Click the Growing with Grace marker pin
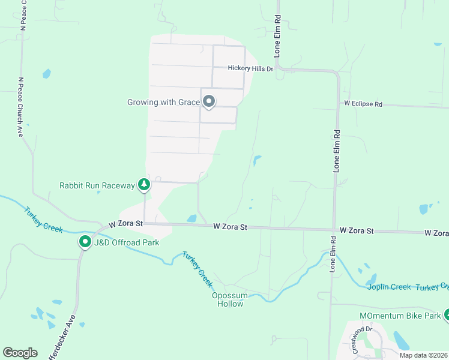click(x=209, y=101)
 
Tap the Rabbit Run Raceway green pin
click(x=143, y=185)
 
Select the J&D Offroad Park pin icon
click(x=85, y=242)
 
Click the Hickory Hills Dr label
click(x=250, y=68)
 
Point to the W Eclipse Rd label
click(x=363, y=104)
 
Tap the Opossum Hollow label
click(x=228, y=299)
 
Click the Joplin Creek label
click(x=388, y=287)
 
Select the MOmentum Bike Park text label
click(x=399, y=316)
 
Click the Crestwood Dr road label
click(x=363, y=339)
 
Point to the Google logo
click(x=20, y=353)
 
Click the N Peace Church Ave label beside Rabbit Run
click(x=20, y=107)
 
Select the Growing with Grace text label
click(x=163, y=103)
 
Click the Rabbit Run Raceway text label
click(x=97, y=185)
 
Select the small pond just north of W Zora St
click(x=192, y=218)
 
